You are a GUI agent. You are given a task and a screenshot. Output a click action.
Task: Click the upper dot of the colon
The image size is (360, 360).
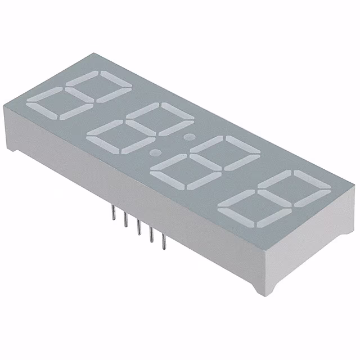(x=190, y=136)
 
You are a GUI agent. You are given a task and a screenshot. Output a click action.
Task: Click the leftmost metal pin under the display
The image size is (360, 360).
(x=113, y=214)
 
